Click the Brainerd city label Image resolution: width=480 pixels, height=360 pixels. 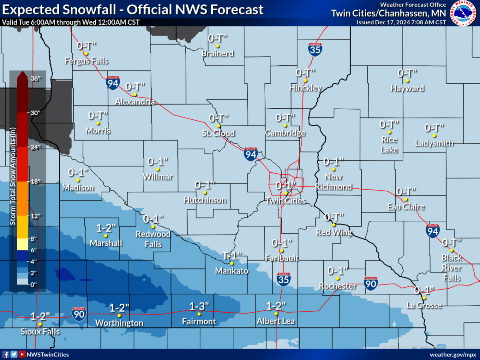(x=218, y=53)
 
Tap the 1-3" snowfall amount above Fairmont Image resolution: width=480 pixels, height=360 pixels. (x=199, y=306)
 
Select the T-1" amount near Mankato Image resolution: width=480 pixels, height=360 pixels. (x=232, y=255)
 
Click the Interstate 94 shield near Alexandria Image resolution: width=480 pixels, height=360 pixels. (x=113, y=83)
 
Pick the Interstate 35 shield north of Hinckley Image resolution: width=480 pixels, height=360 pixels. (x=315, y=49)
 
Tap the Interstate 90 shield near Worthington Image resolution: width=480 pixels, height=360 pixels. (x=79, y=314)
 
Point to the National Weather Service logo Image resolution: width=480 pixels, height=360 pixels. (x=463, y=13)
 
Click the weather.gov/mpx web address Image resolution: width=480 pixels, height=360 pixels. (x=453, y=354)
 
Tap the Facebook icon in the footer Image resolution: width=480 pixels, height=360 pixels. (x=6, y=354)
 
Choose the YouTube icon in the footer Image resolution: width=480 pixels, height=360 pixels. (x=22, y=354)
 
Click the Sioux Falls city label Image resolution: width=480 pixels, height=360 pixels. (x=40, y=332)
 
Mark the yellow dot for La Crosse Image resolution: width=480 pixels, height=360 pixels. (x=424, y=298)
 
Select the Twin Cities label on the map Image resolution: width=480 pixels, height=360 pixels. (x=286, y=201)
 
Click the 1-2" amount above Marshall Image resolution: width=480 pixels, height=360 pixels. (x=106, y=228)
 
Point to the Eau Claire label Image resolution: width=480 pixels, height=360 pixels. (x=406, y=207)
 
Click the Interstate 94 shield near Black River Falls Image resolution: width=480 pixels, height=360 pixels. (x=433, y=231)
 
